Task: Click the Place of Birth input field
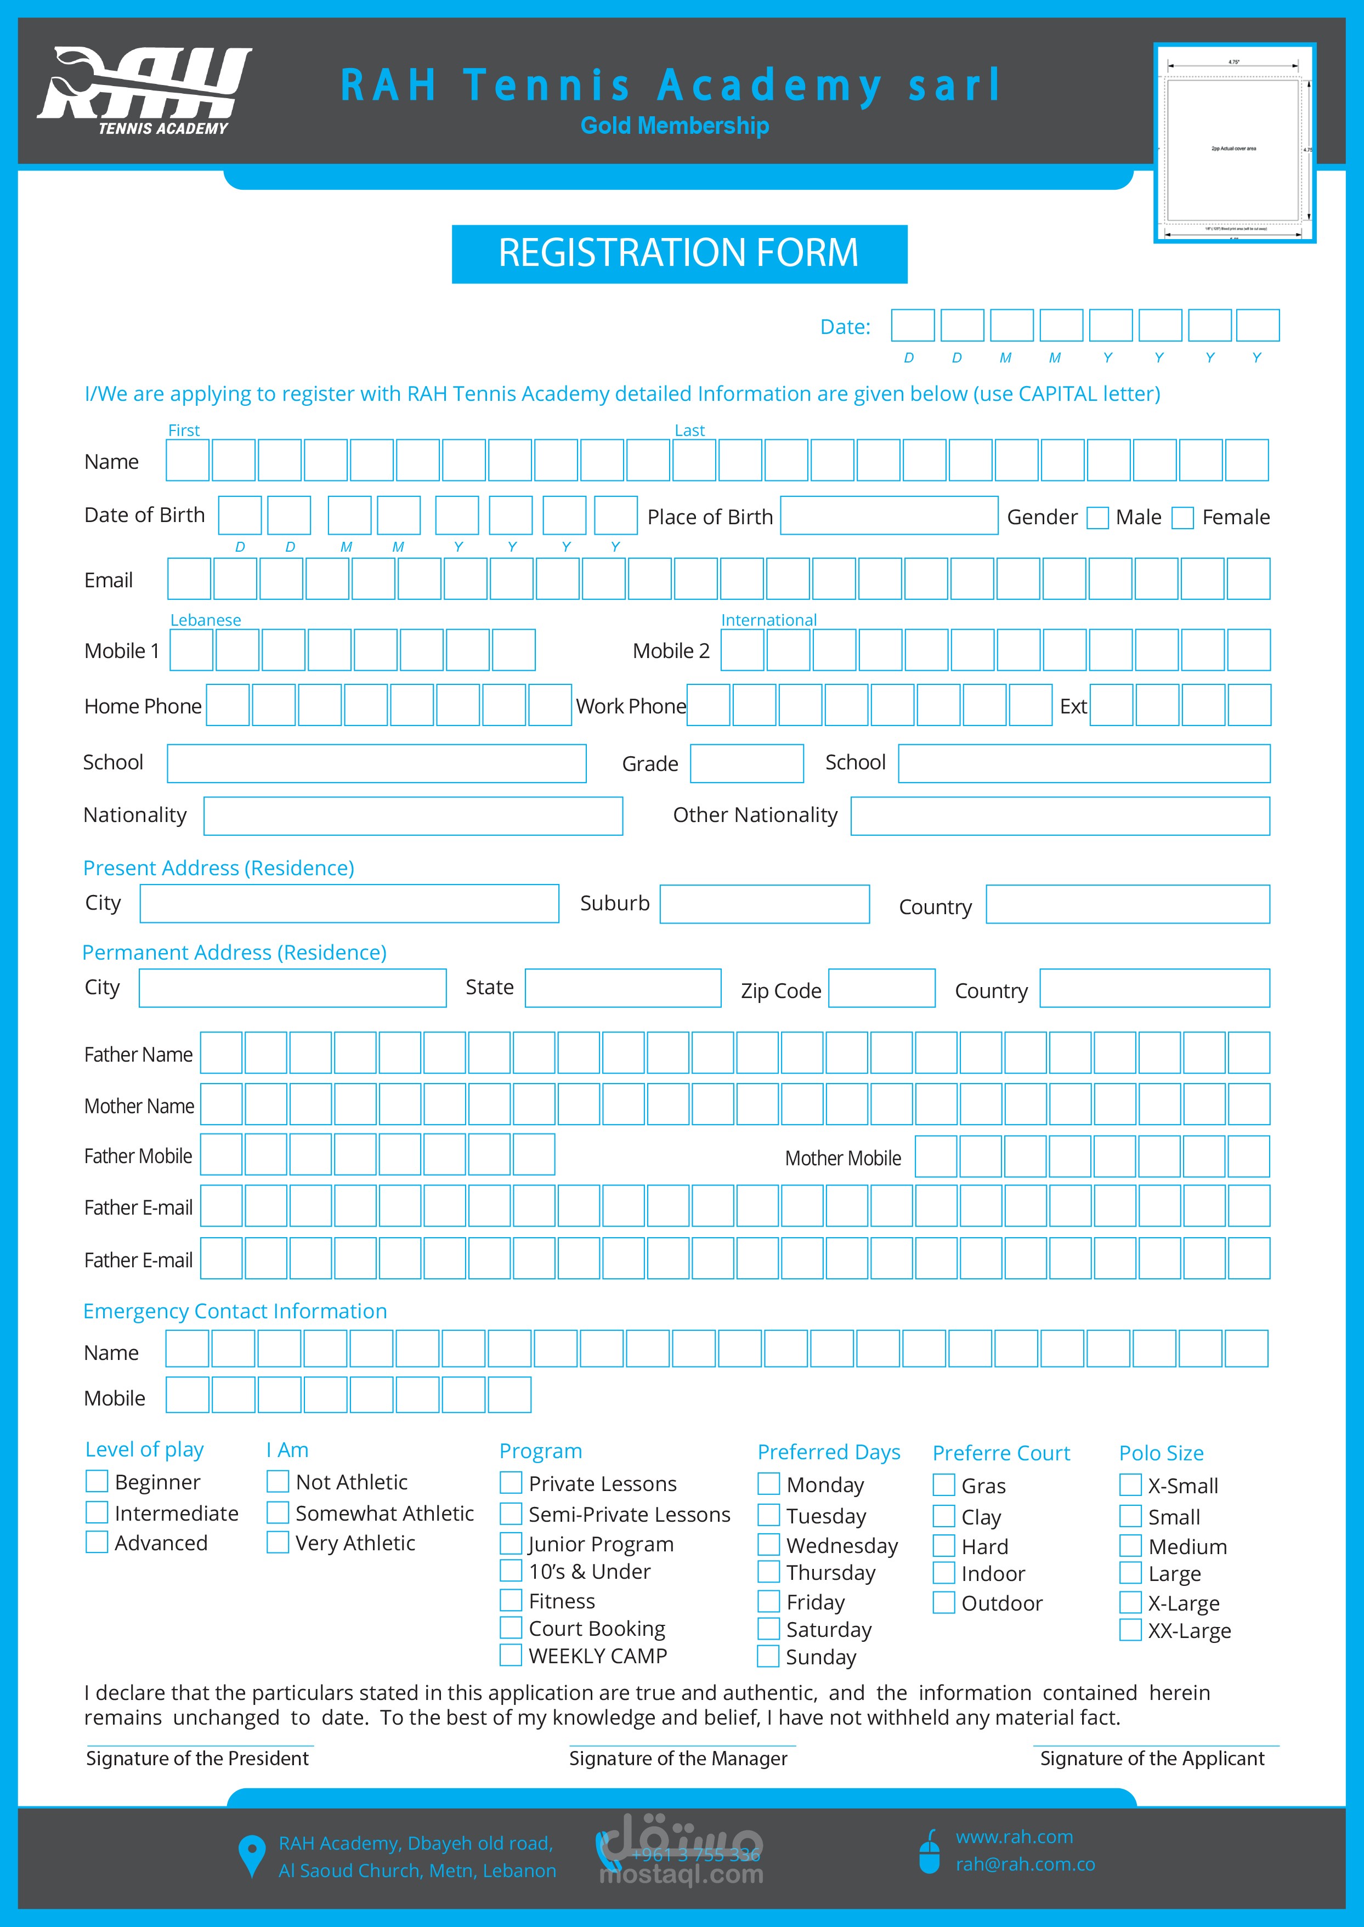pyautogui.click(x=888, y=515)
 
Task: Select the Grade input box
pyautogui.click(x=746, y=763)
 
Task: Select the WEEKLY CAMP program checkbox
pyautogui.click(x=511, y=1655)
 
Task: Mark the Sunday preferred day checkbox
pyautogui.click(x=768, y=1656)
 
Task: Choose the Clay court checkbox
pyautogui.click(x=943, y=1516)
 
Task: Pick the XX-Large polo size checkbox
pyautogui.click(x=1130, y=1630)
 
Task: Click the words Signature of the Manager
pyautogui.click(x=678, y=1758)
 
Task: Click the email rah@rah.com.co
pyautogui.click(x=1025, y=1864)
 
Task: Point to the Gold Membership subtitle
pyautogui.click(x=675, y=126)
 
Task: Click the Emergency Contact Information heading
pyautogui.click(x=235, y=1311)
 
